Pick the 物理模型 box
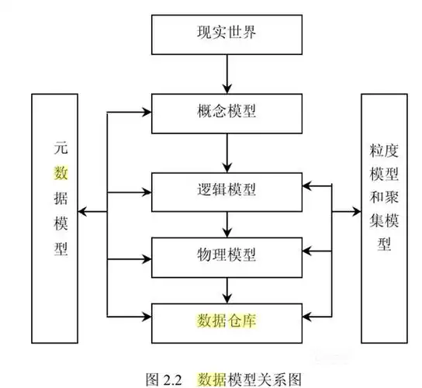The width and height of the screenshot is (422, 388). coord(226,254)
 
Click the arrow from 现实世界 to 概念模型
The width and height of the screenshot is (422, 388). coord(226,73)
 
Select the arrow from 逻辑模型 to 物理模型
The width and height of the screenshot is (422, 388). coord(226,223)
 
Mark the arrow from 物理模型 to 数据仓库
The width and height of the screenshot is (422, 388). coord(226,289)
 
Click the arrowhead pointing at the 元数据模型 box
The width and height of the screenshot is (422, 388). coord(86,211)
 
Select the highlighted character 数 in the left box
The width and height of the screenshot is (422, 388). coord(60,171)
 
